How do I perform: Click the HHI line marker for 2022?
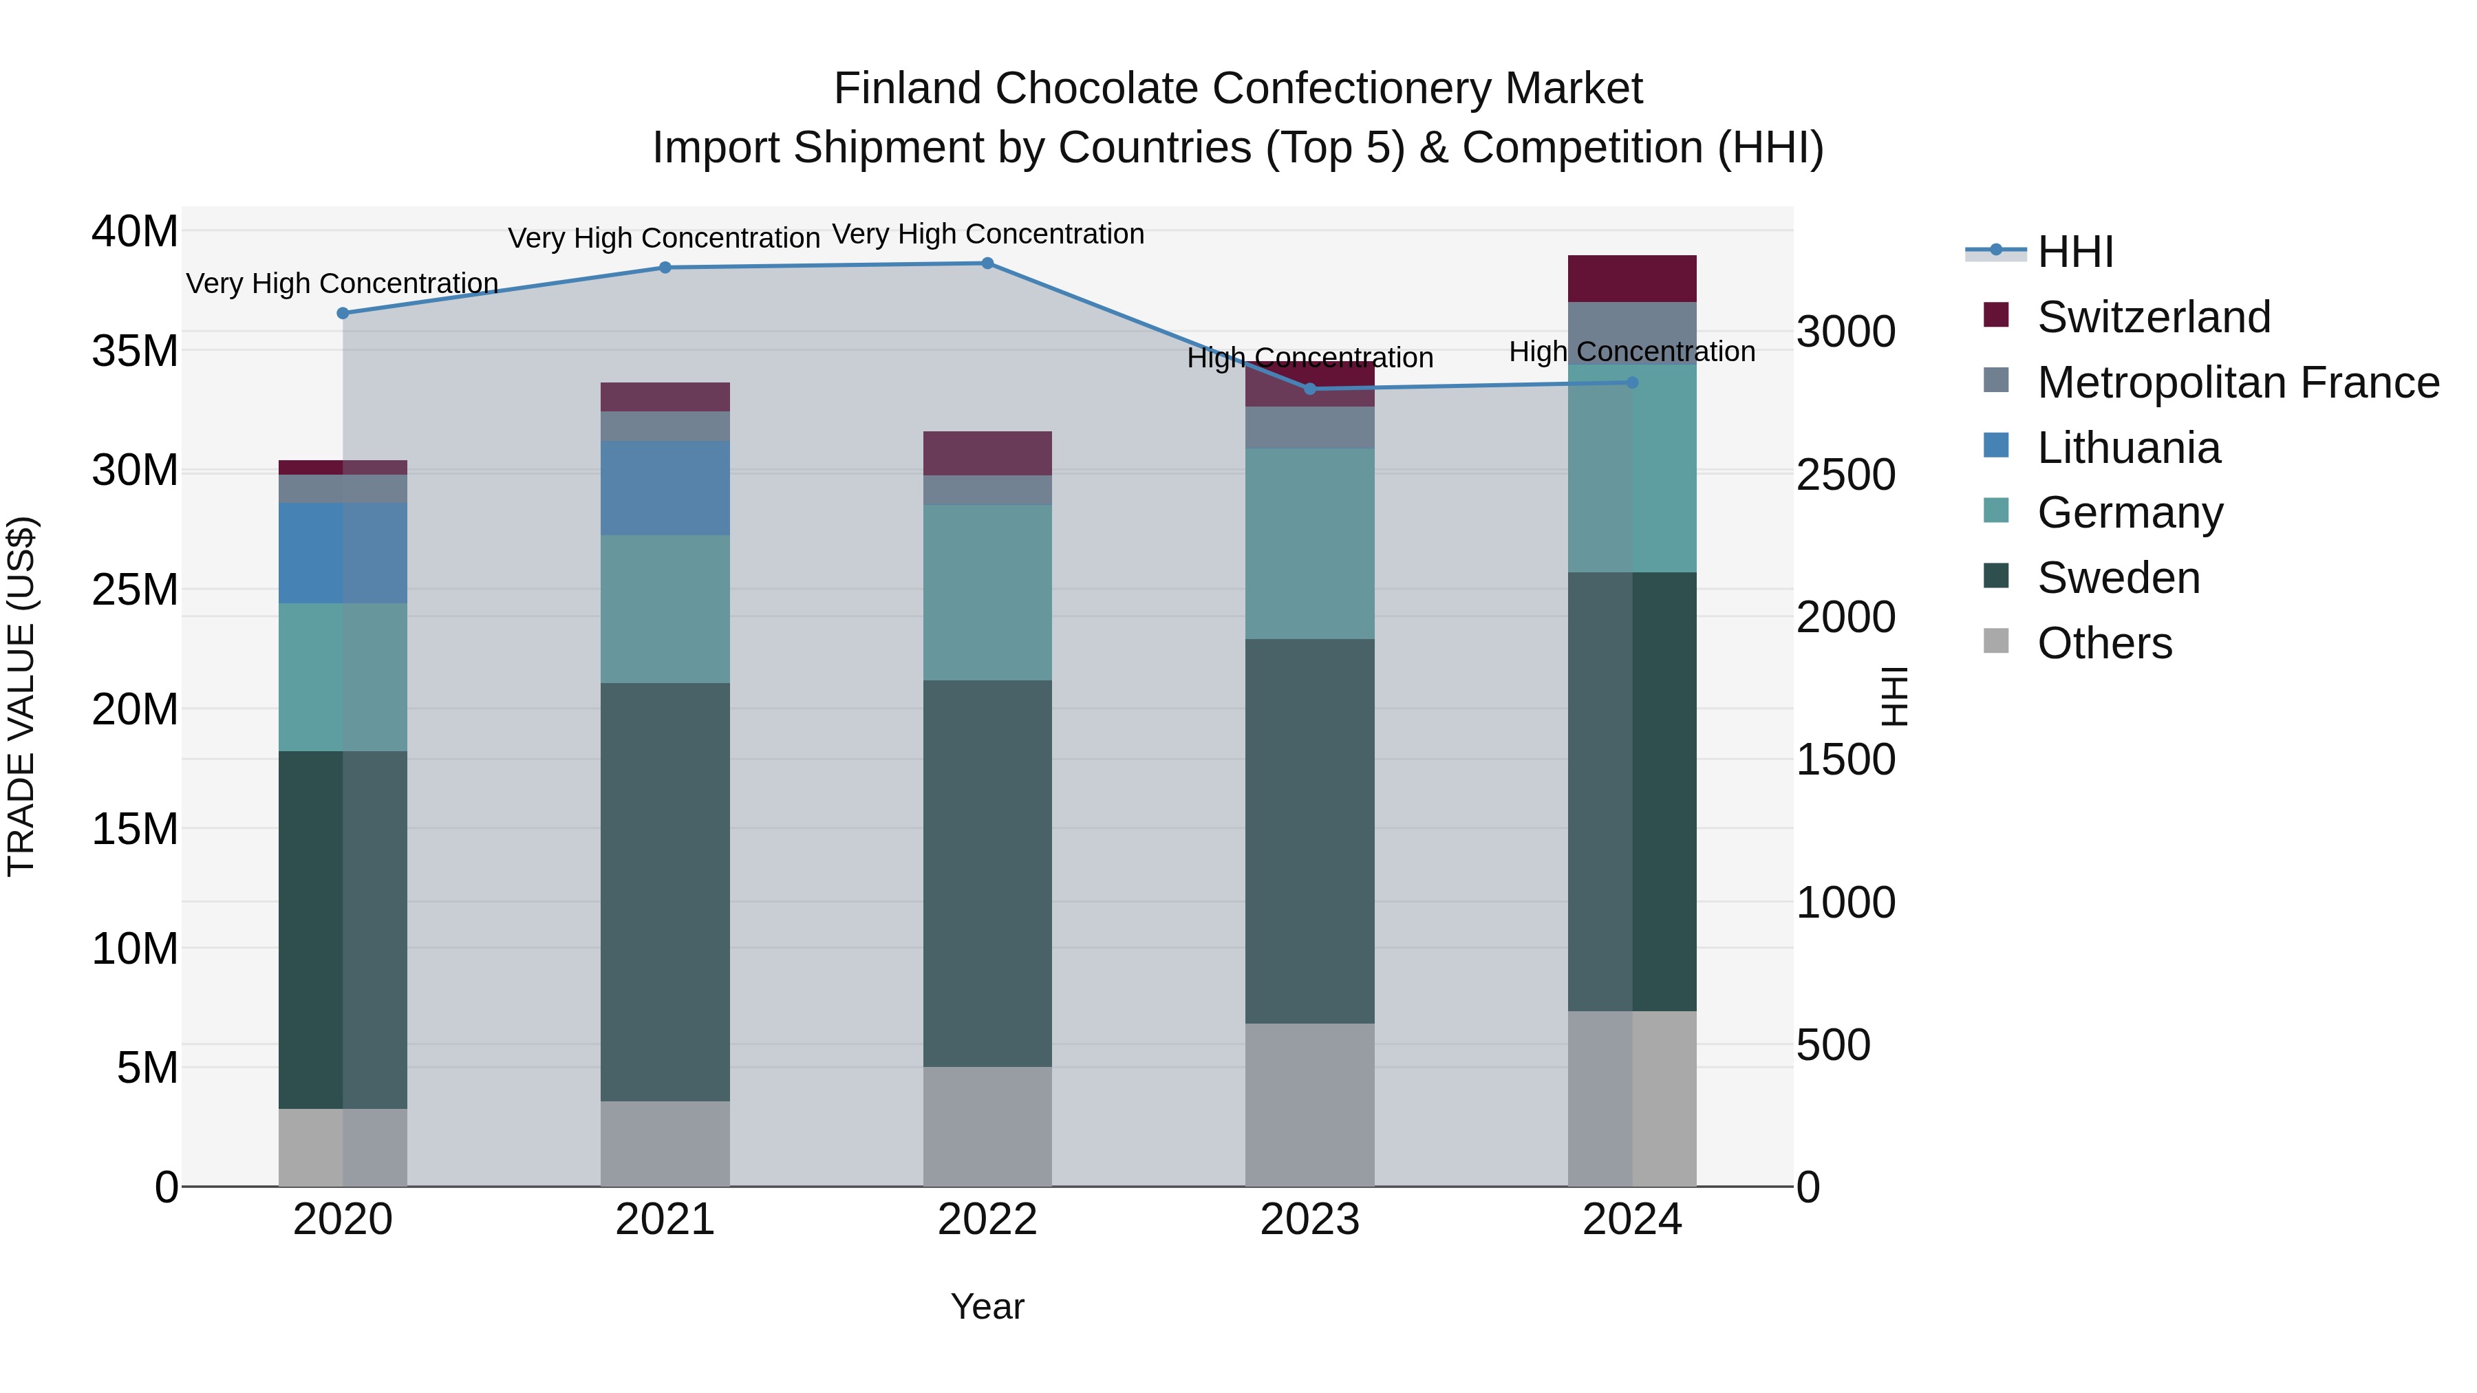click(987, 263)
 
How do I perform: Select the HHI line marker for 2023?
click(1309, 389)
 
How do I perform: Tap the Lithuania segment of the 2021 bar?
click(665, 488)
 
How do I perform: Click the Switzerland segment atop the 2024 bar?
click(1632, 279)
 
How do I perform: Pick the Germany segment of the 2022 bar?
click(987, 592)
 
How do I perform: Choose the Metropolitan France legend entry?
click(2237, 382)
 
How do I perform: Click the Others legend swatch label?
click(2104, 643)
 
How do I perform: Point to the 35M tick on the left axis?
click(135, 351)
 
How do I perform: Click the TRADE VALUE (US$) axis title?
click(21, 696)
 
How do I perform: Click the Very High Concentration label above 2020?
click(343, 283)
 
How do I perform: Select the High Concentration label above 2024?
click(1632, 352)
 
